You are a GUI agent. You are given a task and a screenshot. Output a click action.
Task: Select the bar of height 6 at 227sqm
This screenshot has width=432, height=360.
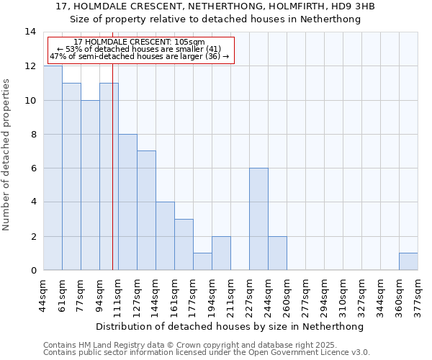pos(258,219)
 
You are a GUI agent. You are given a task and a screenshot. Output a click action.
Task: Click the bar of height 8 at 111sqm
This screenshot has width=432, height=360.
pos(127,202)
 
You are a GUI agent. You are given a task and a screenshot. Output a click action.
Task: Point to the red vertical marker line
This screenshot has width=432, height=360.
pos(112,180)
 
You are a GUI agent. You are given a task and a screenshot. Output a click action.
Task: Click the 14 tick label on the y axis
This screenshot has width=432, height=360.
pos(31,32)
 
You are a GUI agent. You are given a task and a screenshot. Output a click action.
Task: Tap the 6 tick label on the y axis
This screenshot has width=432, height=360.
pos(33,168)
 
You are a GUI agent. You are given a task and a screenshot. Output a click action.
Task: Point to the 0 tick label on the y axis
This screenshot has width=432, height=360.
pos(33,270)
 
